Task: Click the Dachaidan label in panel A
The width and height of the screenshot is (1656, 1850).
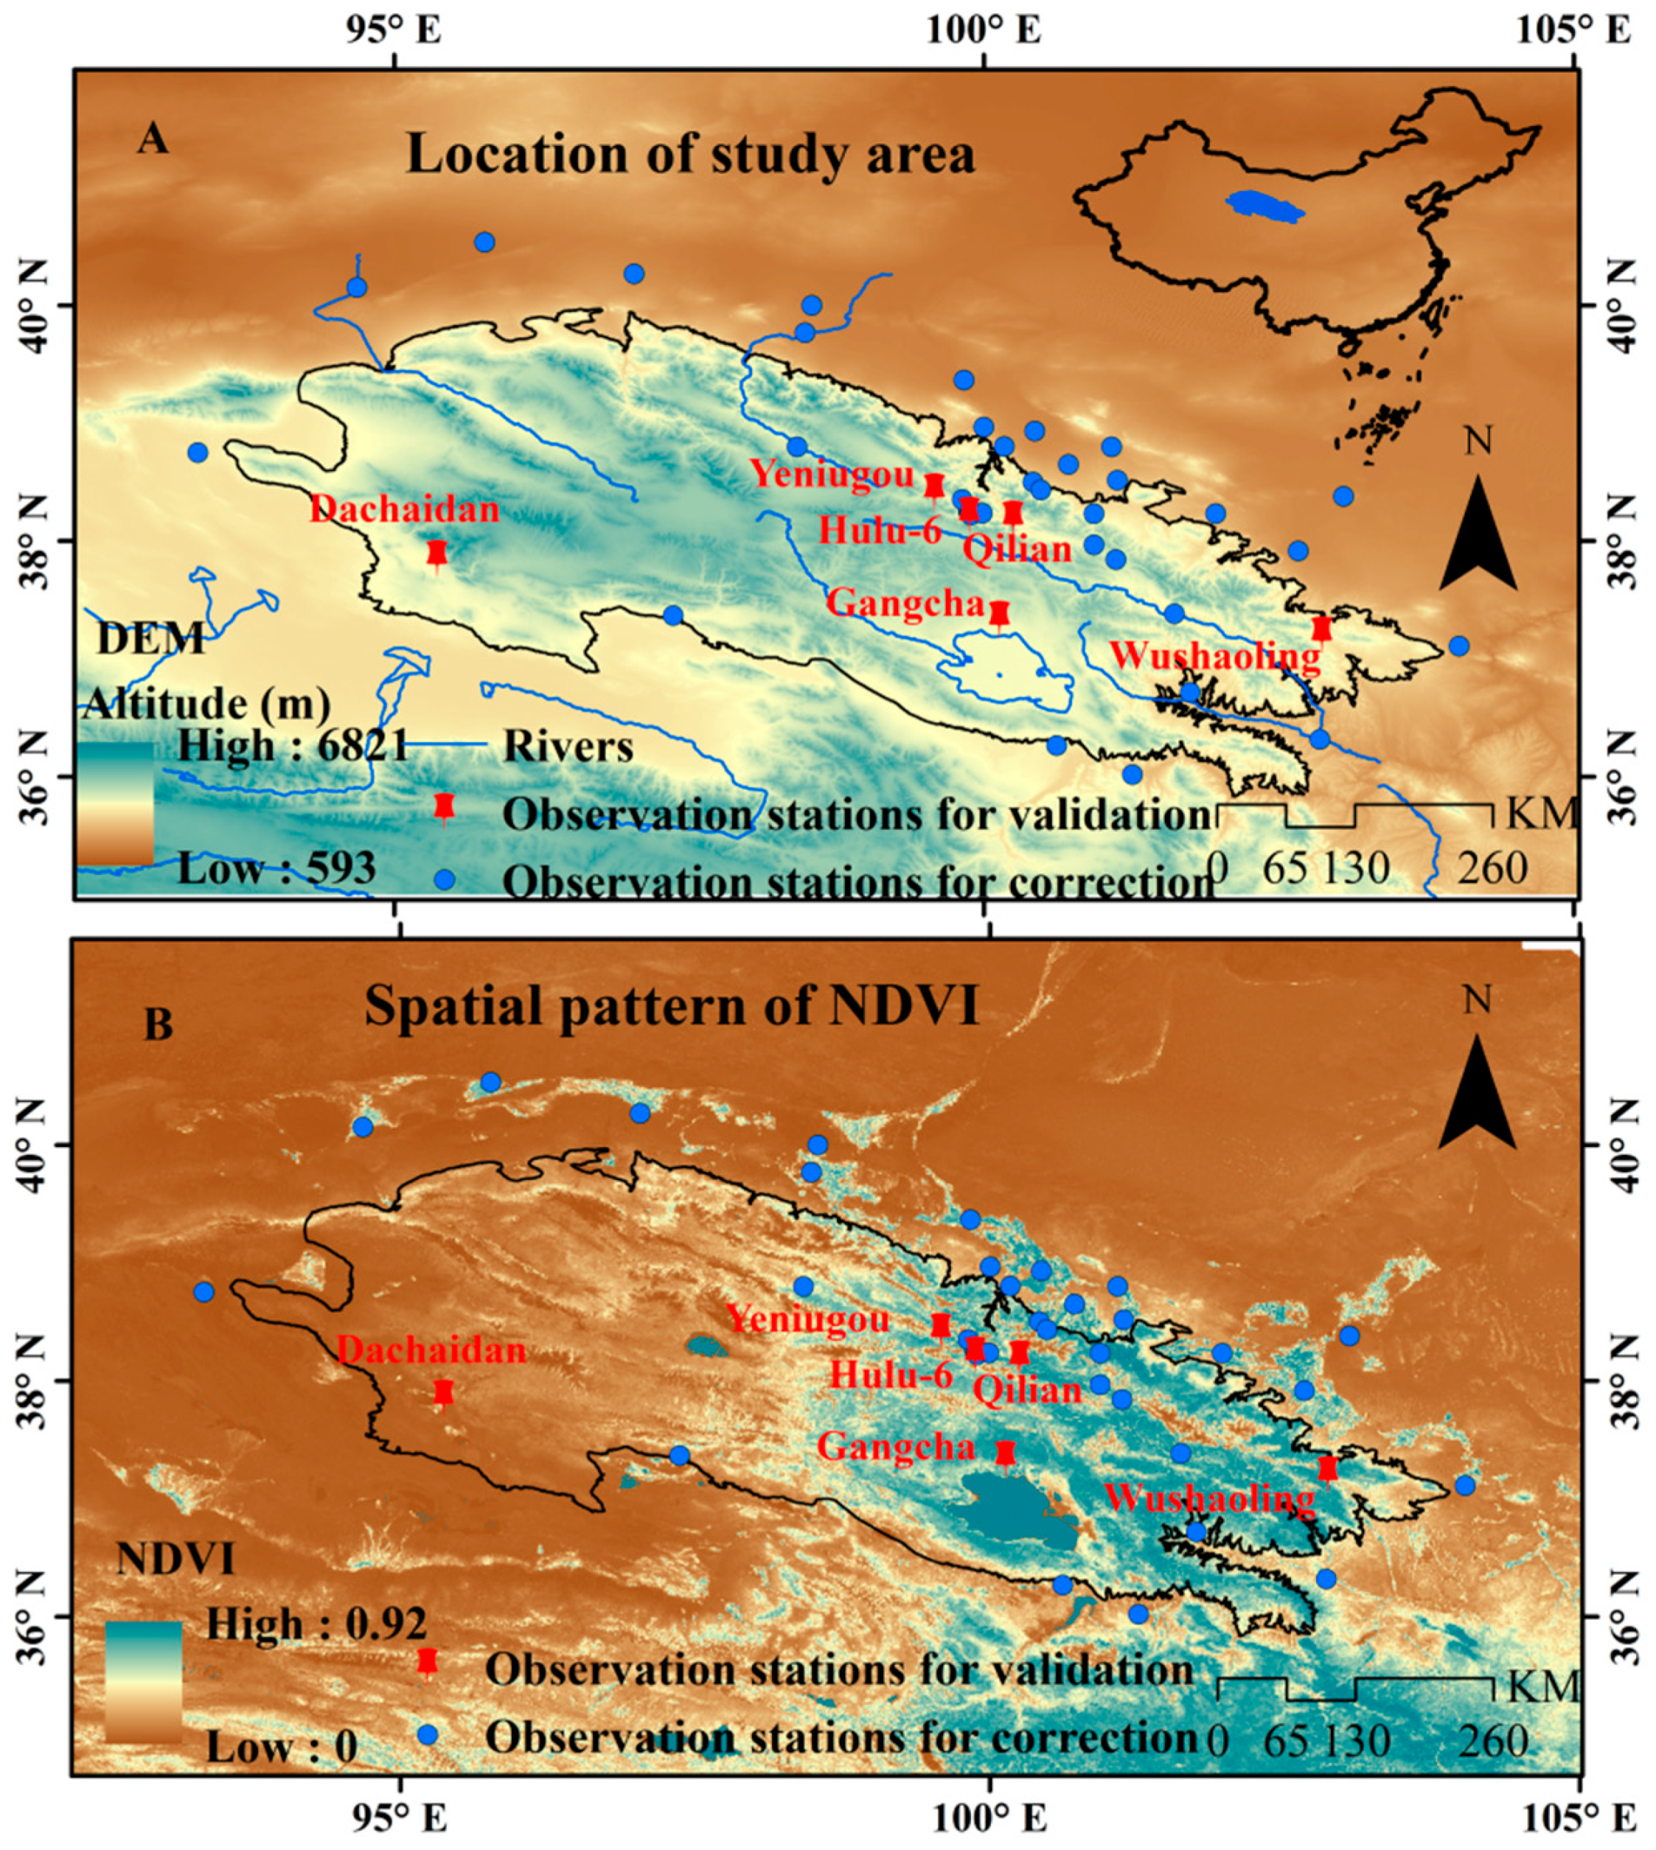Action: click(x=405, y=509)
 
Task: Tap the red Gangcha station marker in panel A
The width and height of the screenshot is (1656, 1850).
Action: click(x=999, y=615)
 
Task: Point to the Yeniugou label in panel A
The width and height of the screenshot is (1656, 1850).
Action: click(x=832, y=474)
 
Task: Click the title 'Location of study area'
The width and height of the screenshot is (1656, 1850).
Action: click(x=691, y=154)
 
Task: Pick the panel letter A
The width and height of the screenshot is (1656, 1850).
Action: click(x=153, y=141)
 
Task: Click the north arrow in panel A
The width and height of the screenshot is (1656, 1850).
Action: click(x=1478, y=537)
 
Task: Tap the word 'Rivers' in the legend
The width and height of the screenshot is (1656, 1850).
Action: click(x=568, y=747)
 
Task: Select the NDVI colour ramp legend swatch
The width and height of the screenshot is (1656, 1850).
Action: click(x=143, y=1680)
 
